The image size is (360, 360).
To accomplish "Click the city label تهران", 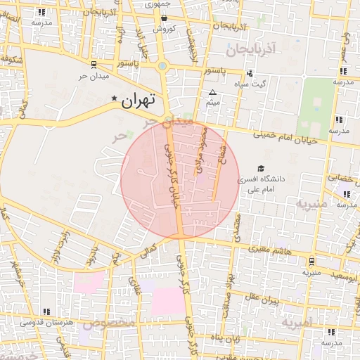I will (x=136, y=101).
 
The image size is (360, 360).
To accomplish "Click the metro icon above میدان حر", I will (x=94, y=65).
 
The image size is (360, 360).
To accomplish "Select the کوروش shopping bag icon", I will (x=164, y=19).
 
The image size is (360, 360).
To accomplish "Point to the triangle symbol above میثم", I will (x=213, y=92).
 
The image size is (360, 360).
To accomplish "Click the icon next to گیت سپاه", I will (x=250, y=74).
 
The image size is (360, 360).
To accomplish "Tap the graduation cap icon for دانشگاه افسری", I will (x=262, y=169).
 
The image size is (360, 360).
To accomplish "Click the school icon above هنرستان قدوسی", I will (x=46, y=311).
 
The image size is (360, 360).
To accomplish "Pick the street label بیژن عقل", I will (x=262, y=299).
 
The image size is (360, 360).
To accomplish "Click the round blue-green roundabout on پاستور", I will (x=163, y=66).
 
